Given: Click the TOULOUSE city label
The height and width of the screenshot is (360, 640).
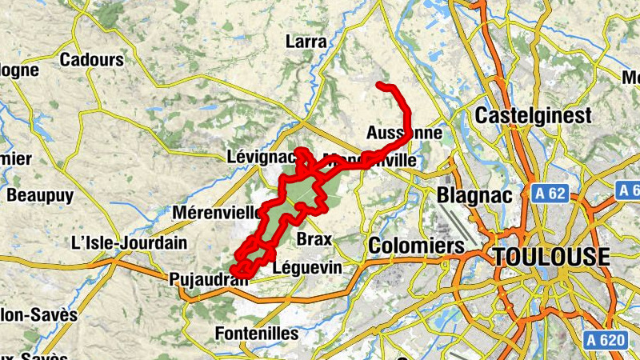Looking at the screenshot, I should (551, 257).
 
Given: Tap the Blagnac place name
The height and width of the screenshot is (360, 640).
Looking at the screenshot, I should (472, 195).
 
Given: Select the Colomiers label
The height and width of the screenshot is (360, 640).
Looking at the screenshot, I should (416, 245).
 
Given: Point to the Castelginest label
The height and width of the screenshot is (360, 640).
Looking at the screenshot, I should (533, 116).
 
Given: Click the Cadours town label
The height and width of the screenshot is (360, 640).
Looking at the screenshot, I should (92, 59).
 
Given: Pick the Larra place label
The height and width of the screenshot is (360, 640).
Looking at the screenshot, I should (306, 42).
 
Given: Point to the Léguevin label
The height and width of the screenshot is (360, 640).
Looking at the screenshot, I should (307, 267).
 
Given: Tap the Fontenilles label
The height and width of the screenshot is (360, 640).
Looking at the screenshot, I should (257, 333).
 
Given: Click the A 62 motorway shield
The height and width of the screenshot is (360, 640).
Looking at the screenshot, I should (548, 194).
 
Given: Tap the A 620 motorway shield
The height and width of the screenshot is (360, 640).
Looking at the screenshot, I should (603, 340).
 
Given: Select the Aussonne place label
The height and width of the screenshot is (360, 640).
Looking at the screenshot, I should (404, 132).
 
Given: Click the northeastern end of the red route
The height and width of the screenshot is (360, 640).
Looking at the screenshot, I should (380, 85).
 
